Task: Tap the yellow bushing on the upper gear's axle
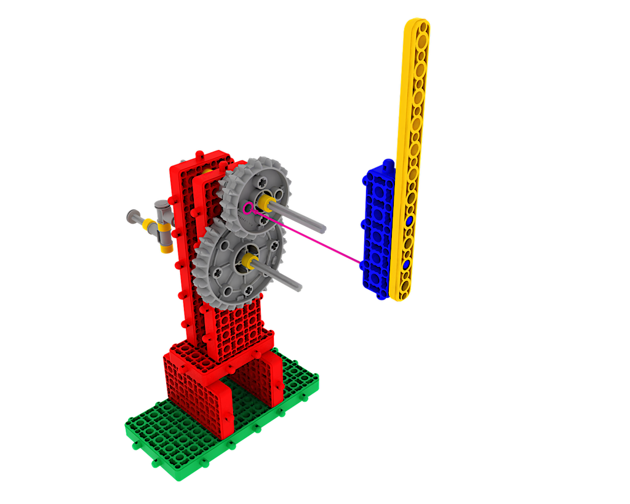[268, 202]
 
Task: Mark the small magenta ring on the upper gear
[248, 208]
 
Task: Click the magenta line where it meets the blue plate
[361, 265]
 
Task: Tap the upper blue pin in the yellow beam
[409, 220]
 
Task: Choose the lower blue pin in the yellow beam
[406, 265]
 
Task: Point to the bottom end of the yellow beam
[397, 297]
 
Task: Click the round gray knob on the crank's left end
[133, 215]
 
